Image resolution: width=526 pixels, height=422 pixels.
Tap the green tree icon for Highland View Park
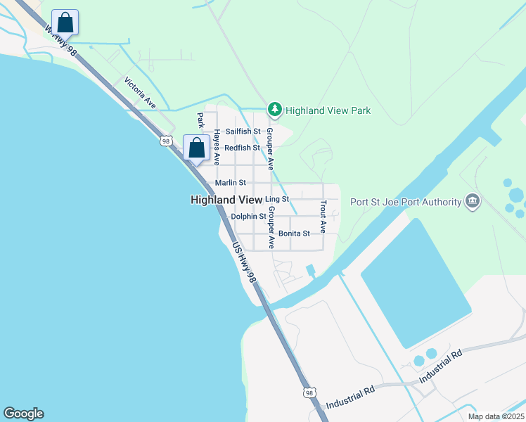275,110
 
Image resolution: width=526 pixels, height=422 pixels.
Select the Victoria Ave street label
140,92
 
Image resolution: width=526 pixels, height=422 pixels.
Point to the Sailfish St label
243,132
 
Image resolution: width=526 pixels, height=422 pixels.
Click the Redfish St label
242,148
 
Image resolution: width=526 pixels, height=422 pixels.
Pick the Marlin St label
229,183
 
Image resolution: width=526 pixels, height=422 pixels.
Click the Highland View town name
226,200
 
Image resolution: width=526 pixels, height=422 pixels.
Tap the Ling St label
277,200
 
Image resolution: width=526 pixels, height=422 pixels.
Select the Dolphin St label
248,217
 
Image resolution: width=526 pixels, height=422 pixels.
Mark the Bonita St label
293,234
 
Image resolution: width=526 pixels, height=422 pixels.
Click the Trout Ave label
323,217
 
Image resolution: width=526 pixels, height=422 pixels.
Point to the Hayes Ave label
217,147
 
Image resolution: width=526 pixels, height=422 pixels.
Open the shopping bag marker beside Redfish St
196,148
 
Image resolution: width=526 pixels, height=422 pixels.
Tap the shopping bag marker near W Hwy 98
65,22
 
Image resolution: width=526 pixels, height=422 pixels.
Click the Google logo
23,414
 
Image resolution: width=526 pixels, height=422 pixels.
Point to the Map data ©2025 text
495,416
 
